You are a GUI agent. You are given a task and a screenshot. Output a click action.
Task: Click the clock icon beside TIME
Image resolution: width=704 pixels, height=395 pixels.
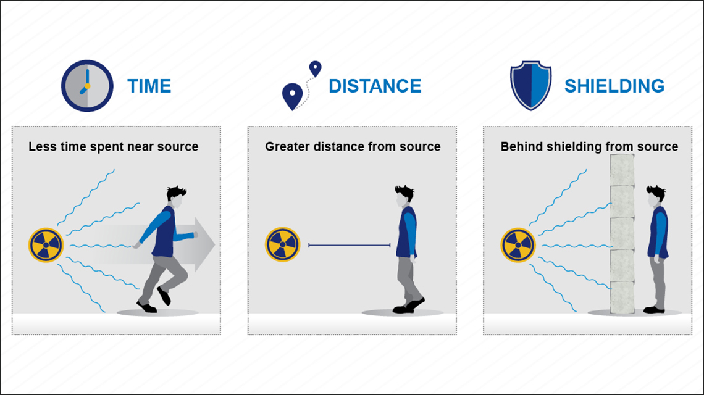(87, 86)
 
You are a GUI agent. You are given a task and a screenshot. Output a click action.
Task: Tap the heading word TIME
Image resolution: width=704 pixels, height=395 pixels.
(149, 86)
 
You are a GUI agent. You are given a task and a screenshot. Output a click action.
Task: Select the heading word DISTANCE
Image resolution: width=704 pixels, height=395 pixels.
(375, 86)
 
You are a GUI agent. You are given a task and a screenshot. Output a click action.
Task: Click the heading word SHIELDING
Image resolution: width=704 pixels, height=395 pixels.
(614, 86)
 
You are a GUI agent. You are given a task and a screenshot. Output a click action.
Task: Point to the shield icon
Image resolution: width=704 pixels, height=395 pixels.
(530, 86)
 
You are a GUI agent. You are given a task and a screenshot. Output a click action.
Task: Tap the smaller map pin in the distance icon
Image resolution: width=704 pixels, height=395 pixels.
(316, 69)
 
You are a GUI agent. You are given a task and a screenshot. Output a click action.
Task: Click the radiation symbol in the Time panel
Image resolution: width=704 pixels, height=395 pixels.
(46, 245)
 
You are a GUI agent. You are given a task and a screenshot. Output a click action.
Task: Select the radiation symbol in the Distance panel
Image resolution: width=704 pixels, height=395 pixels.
(282, 244)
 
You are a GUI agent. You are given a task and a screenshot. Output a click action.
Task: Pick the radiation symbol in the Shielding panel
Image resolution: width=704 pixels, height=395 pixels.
(518, 245)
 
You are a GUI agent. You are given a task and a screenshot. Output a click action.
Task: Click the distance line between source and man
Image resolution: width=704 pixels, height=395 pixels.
(350, 245)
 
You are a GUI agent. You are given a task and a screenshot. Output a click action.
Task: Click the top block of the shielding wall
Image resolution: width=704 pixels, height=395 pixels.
(622, 170)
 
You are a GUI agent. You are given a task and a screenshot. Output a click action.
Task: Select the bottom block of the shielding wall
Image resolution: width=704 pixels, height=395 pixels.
(622, 297)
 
